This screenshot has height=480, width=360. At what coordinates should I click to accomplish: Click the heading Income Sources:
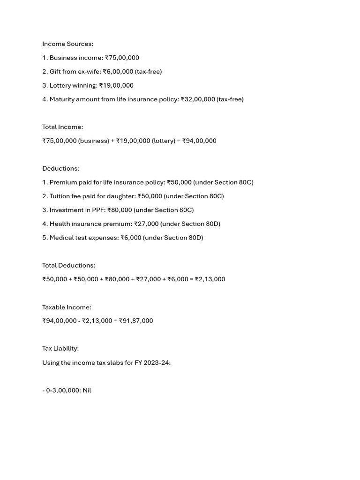point(67,44)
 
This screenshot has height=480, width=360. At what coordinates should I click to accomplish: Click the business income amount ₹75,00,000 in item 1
point(122,58)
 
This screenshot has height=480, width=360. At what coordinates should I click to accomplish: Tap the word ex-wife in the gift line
point(88,72)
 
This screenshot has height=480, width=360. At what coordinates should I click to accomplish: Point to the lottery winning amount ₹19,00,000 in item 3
point(116,85)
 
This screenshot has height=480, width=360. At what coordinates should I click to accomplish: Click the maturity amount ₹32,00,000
point(198,99)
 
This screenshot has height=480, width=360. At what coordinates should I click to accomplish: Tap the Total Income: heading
point(62,127)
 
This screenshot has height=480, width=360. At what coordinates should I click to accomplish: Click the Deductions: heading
point(60,168)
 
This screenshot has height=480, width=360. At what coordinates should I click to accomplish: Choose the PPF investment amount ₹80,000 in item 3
point(120,210)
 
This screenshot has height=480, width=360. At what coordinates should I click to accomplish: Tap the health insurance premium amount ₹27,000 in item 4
point(146,224)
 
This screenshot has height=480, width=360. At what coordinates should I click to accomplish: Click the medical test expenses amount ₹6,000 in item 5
point(131,238)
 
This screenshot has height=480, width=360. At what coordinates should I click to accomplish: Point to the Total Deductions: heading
point(68,265)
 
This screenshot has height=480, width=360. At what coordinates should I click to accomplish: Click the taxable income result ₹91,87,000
point(136,321)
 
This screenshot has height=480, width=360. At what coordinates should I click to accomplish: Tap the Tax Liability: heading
point(60,348)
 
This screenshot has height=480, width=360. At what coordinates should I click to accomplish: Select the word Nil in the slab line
point(87,390)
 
